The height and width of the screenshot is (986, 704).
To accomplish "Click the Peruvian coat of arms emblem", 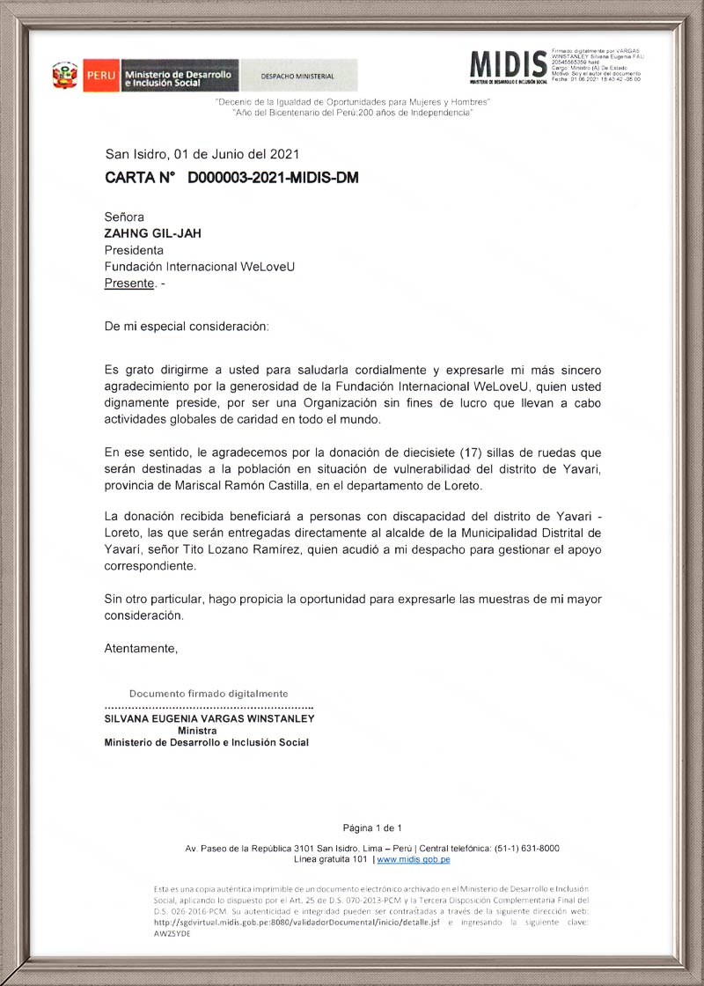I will click(x=65, y=76).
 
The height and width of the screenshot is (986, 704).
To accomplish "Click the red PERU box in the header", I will click(x=99, y=76).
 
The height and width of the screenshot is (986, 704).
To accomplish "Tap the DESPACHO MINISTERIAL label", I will click(x=297, y=77).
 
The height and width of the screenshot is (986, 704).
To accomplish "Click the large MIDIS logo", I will click(x=508, y=64).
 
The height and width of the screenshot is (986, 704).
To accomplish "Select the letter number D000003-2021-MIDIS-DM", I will click(x=273, y=178).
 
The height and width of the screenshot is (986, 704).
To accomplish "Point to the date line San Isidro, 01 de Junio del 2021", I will click(x=202, y=153).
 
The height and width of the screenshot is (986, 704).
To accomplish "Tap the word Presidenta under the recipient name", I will click(x=134, y=250).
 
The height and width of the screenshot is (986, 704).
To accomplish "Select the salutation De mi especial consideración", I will click(x=187, y=326).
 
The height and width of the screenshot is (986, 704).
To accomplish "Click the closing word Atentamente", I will click(x=141, y=649).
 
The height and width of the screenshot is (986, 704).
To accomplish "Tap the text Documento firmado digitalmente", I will click(x=209, y=694).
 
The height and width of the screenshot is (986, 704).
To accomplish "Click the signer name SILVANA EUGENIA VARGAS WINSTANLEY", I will click(x=209, y=718).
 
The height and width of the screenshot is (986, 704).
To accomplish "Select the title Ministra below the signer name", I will click(x=197, y=731).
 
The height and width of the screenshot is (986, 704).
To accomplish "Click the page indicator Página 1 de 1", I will click(x=372, y=828).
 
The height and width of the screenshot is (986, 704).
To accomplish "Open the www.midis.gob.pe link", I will click(x=414, y=859).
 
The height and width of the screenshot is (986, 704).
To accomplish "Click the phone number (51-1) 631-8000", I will click(x=519, y=848).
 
